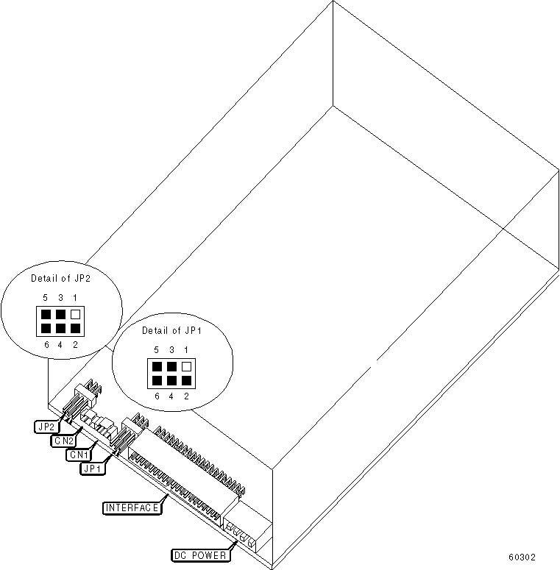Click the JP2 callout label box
click(x=45, y=425)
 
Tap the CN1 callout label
click(x=78, y=454)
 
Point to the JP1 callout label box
click(x=94, y=466)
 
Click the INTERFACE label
click(x=132, y=507)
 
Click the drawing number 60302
click(x=521, y=557)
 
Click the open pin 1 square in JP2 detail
click(x=75, y=314)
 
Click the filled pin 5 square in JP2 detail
click(x=46, y=314)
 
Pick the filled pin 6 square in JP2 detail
click(x=46, y=328)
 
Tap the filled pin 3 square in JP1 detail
click(x=171, y=366)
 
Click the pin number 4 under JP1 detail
click(x=171, y=396)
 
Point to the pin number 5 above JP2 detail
click(x=46, y=298)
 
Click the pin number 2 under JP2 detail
click(x=75, y=344)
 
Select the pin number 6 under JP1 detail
click(x=157, y=396)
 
